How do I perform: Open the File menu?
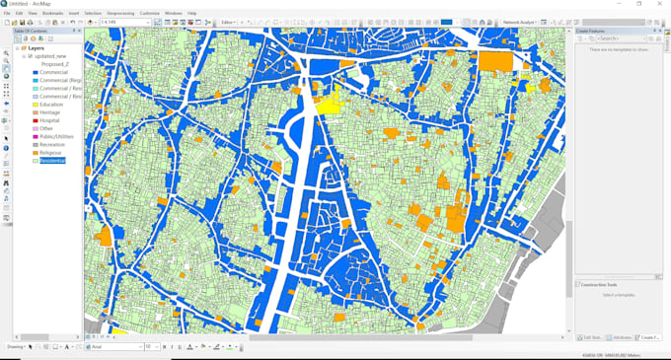tap(7, 13)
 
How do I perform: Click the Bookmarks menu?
tap(52, 13)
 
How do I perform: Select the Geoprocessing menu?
tap(120, 13)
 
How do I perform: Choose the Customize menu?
tap(149, 13)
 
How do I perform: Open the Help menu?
tap(192, 13)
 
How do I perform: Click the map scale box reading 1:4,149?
tap(123, 22)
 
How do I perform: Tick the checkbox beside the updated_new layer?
tap(30, 56)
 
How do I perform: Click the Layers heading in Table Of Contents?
tap(36, 47)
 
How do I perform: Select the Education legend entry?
tap(50, 105)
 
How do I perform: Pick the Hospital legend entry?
tap(49, 120)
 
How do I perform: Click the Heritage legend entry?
tap(49, 112)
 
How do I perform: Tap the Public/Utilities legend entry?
tap(56, 136)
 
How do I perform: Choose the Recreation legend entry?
tap(52, 145)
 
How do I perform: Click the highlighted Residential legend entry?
tap(52, 161)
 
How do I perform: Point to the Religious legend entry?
tap(50, 153)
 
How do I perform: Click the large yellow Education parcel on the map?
tap(329, 102)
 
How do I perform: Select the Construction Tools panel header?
tap(599, 284)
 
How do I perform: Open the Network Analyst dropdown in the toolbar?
tap(520, 22)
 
